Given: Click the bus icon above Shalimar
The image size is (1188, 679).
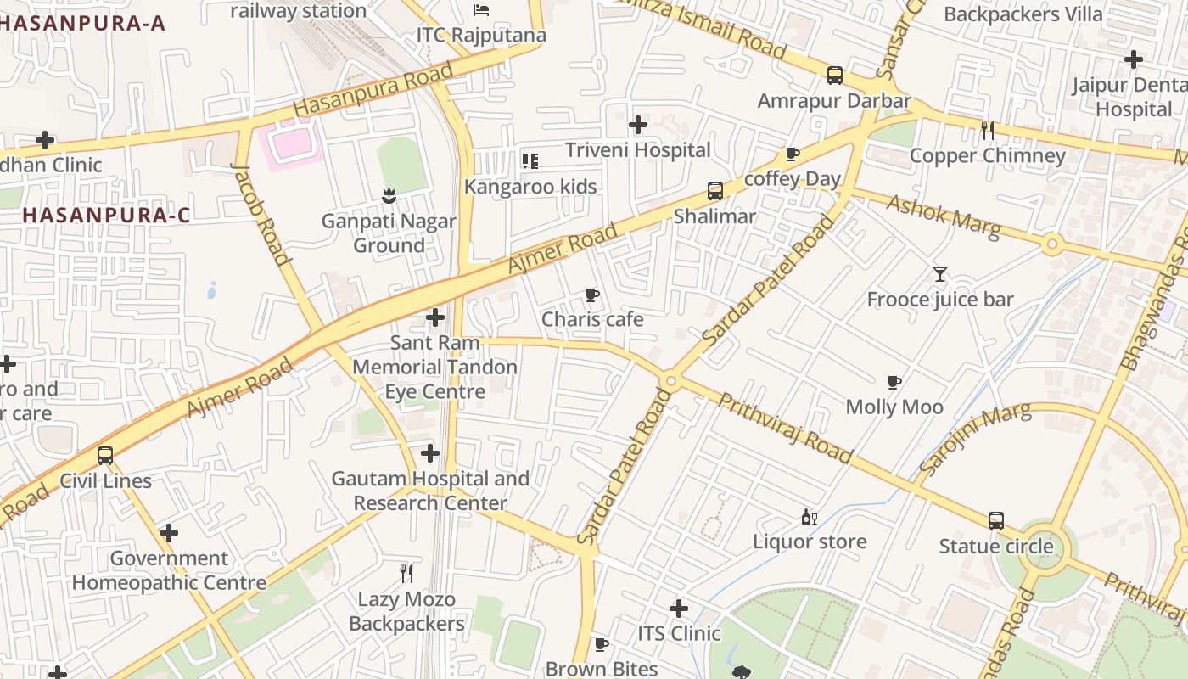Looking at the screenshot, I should (715, 191).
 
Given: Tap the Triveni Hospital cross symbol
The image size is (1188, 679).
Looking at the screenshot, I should (638, 125).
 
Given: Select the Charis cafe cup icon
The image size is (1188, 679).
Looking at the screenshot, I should (592, 295).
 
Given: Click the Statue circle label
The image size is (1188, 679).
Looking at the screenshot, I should (996, 546).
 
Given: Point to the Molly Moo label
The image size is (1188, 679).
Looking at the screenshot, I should (894, 407).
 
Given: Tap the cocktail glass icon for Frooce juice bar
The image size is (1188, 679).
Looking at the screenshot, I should (940, 273).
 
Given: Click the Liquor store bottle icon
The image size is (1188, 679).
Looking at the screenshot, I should (810, 517).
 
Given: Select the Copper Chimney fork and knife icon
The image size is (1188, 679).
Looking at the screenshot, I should (987, 130).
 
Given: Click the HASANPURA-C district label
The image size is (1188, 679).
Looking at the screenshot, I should (106, 215).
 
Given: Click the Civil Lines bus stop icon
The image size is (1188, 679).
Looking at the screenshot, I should (105, 456).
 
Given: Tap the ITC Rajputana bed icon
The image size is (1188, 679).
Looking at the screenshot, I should (481, 10).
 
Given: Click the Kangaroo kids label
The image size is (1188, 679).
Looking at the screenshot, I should (530, 187).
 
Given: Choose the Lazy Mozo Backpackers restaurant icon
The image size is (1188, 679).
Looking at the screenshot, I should (406, 574).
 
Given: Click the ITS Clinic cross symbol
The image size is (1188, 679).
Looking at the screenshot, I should (679, 608).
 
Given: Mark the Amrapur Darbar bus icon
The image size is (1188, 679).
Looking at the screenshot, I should (835, 76).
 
